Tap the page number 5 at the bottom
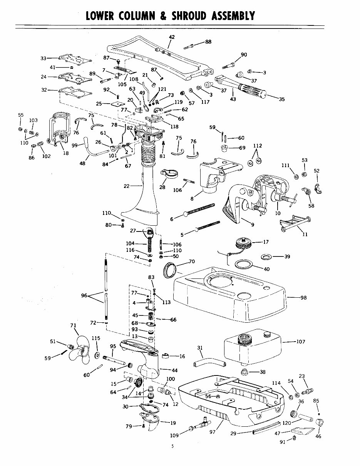pos(173,446)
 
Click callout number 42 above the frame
pos(172,37)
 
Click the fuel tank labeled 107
pos(253,350)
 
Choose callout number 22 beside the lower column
pos(127,186)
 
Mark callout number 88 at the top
pos(208,42)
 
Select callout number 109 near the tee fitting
pos(174,436)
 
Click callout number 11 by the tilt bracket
pos(305,234)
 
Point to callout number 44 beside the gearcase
pos(174,370)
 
